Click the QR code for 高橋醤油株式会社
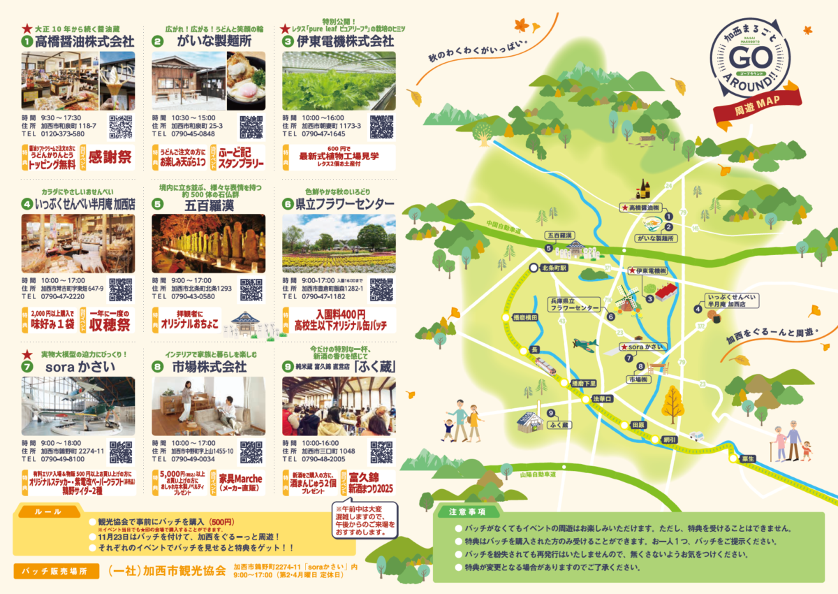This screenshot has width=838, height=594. pyautogui.click(x=121, y=127)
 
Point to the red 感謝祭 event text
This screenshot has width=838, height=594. pyautogui.click(x=110, y=157)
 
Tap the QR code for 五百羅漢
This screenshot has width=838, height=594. pyautogui.click(x=251, y=289)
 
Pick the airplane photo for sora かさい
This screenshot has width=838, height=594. pyautogui.click(x=78, y=406)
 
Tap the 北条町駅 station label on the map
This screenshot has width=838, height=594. pyautogui.click(x=554, y=268)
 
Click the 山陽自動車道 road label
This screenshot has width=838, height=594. pyautogui.click(x=537, y=475)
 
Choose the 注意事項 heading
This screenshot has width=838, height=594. pyautogui.click(x=467, y=512)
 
